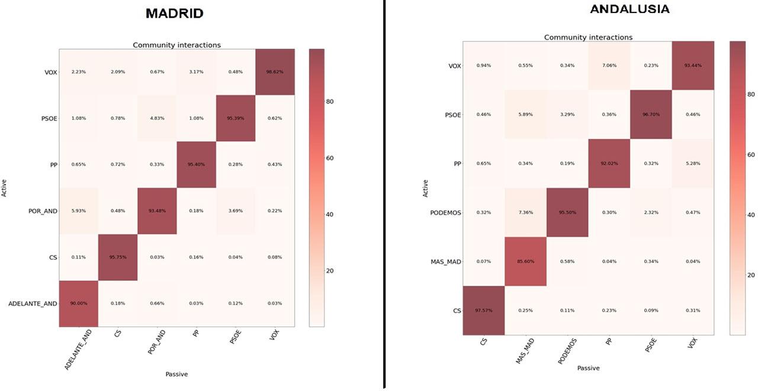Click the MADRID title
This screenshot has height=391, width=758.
175,14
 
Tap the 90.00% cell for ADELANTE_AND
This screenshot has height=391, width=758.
79,303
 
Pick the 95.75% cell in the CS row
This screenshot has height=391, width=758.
118,257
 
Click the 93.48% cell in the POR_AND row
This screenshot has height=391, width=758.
157,211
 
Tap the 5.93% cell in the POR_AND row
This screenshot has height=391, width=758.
79,211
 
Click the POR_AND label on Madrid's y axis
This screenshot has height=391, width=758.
43,211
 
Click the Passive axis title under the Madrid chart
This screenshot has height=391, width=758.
176,374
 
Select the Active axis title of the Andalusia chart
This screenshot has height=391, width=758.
425,188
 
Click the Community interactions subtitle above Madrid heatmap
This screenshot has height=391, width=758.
176,45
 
